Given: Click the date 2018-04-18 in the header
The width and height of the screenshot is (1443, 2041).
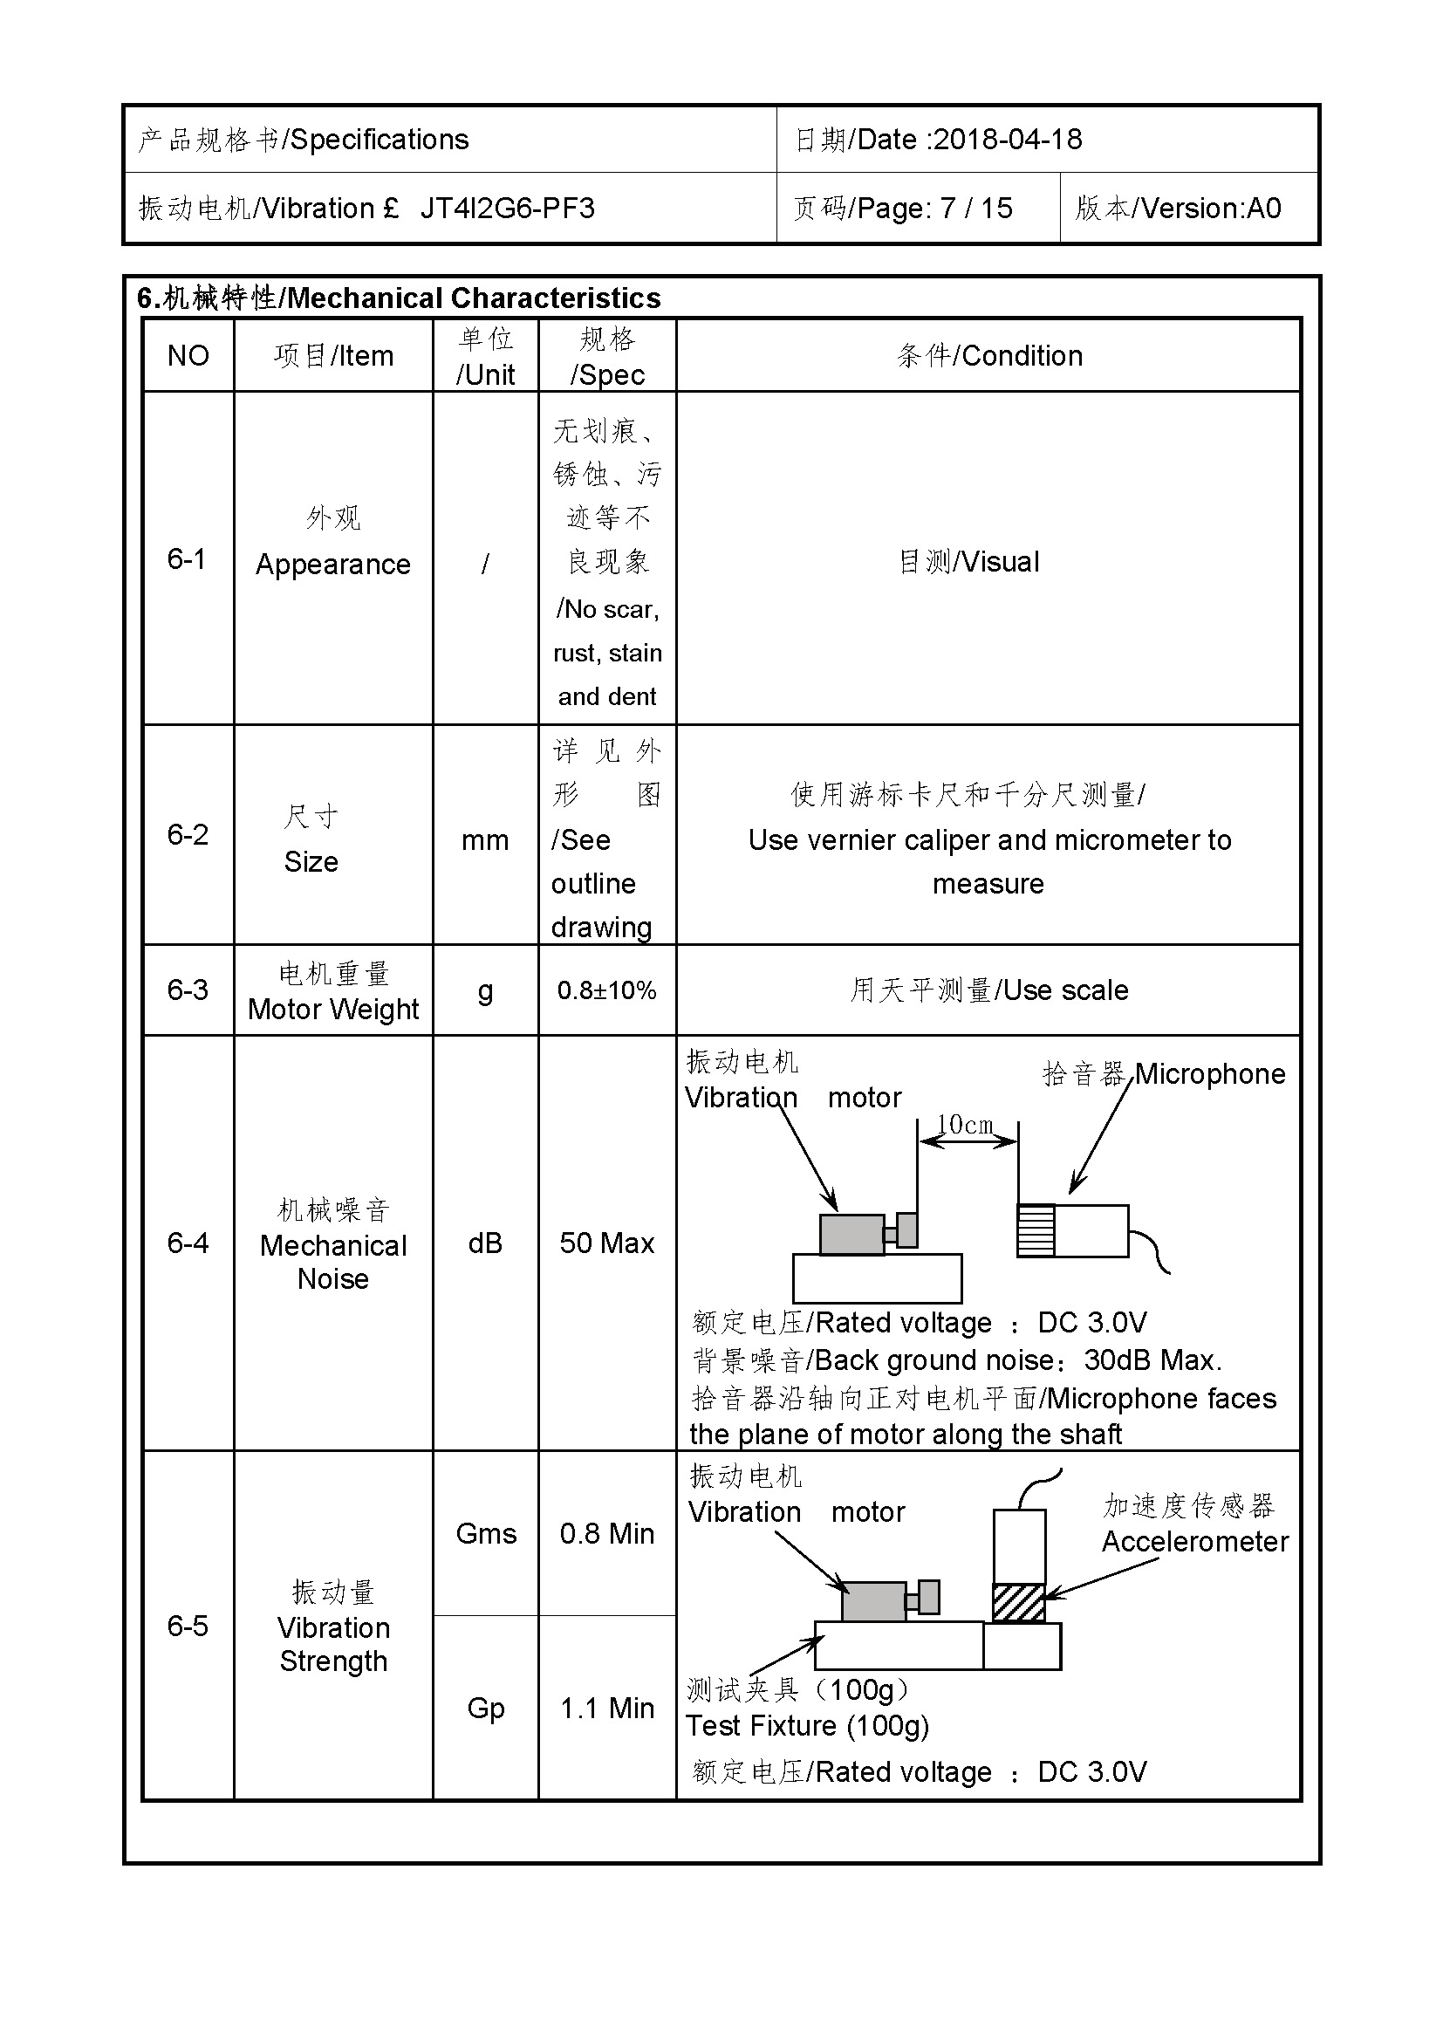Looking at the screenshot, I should (1008, 140).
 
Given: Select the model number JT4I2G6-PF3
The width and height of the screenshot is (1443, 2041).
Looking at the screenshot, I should (508, 209).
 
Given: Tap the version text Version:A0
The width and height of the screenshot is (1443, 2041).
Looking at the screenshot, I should (1211, 209).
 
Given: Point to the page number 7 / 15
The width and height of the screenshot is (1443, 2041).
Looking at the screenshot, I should (976, 209).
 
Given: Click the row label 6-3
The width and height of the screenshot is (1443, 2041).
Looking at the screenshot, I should (188, 990).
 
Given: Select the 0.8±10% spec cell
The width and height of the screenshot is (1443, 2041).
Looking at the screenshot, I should (607, 990).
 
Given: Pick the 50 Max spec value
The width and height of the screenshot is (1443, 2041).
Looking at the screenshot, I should (607, 1243).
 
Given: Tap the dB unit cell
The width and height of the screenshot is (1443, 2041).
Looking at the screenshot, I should (485, 1243).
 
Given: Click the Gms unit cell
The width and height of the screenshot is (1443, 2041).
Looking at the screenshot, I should (486, 1534).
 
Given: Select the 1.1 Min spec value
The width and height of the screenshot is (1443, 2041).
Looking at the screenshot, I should (607, 1709).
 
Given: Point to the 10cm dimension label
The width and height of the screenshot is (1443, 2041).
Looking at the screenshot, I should (965, 1126).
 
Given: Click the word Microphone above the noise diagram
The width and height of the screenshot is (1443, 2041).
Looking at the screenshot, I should (1210, 1075).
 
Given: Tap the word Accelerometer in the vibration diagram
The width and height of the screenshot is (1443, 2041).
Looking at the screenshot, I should (1195, 1542).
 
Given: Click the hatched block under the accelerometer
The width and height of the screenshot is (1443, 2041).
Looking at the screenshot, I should (1018, 1603).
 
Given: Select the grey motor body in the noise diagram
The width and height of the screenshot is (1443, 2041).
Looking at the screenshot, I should (851, 1235).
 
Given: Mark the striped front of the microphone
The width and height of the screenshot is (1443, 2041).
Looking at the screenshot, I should (1036, 1231).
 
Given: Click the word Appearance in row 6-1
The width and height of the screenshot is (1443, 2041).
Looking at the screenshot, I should (333, 565).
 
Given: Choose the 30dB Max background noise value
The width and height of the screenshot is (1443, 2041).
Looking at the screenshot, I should (1152, 1361).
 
